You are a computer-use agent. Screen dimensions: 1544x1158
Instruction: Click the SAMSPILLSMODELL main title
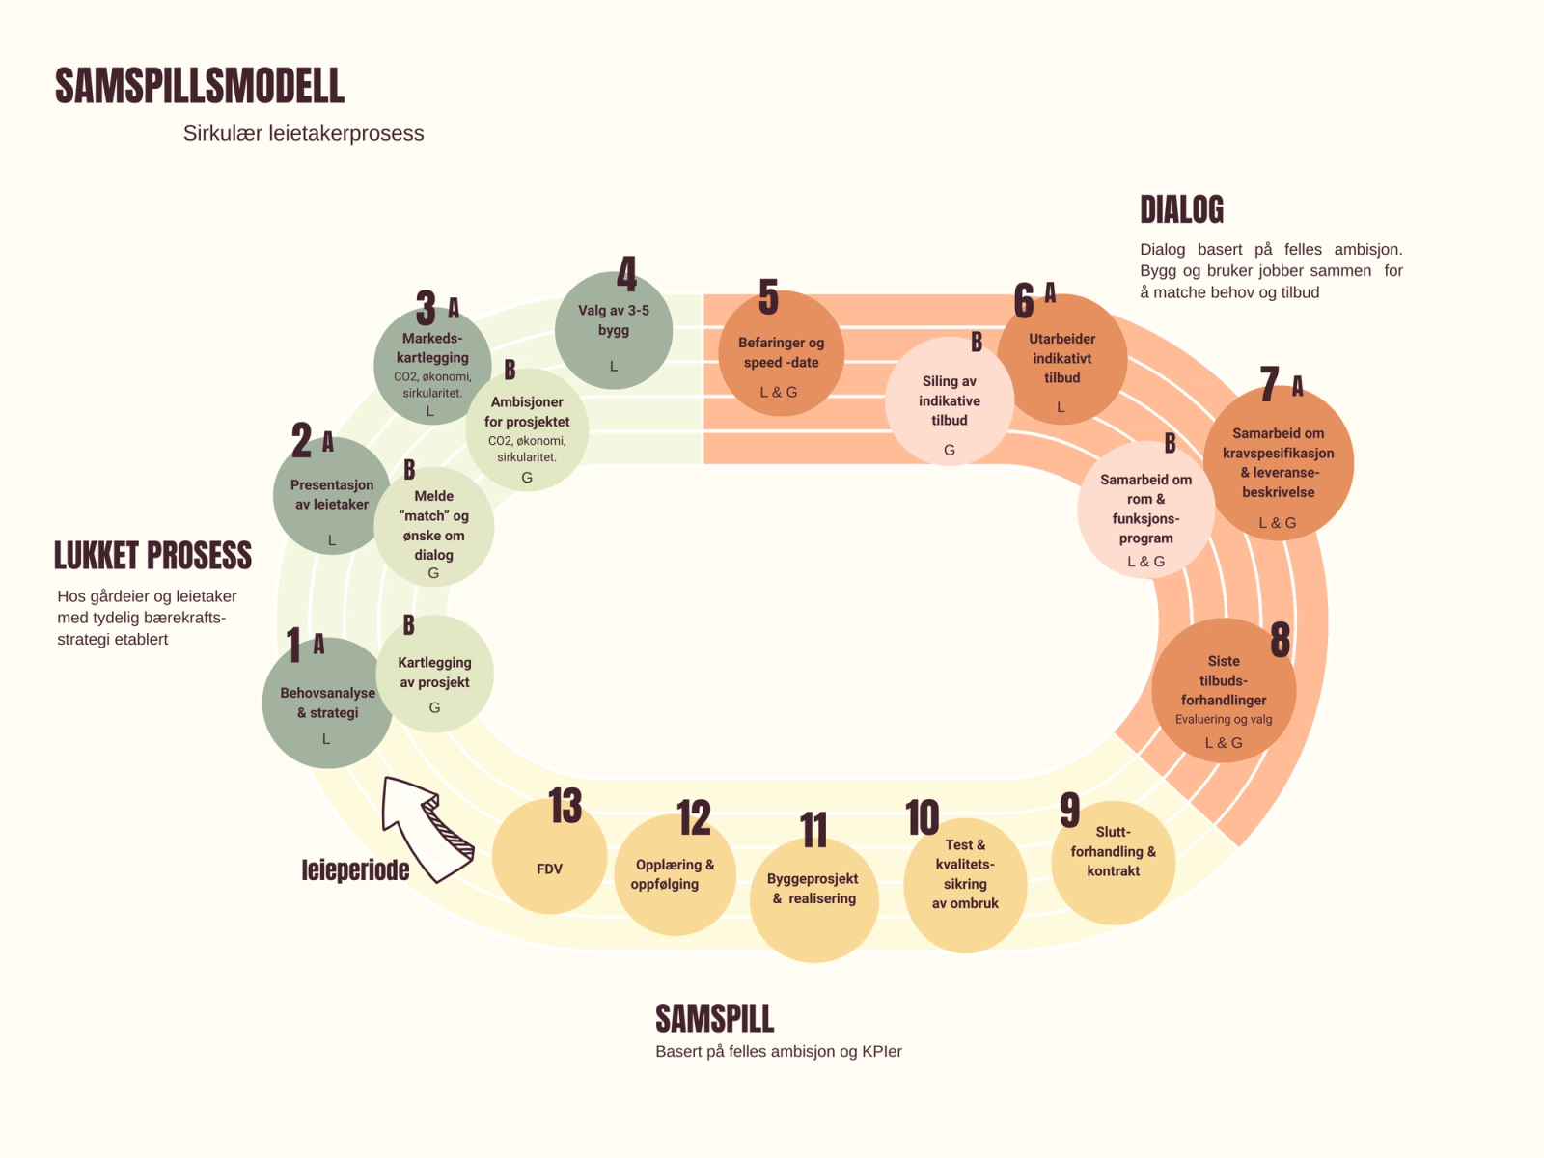point(200,86)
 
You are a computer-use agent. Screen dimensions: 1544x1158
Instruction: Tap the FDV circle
point(549,857)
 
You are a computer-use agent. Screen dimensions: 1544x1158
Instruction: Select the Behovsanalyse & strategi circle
point(327,703)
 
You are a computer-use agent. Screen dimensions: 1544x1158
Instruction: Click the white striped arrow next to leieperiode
point(425,827)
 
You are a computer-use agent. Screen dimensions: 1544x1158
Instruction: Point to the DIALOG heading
point(1181,209)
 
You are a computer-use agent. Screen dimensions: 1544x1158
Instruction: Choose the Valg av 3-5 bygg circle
point(613,331)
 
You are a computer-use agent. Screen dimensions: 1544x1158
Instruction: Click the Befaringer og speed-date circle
point(781,355)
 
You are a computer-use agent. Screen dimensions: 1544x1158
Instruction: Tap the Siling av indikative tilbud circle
point(949,401)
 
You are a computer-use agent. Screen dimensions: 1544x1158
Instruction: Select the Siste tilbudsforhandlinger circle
point(1223,691)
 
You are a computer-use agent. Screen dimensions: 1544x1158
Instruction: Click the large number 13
point(565,806)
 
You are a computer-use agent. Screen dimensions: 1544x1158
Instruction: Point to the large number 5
point(768,297)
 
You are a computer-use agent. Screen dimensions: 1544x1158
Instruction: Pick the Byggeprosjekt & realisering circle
point(813,897)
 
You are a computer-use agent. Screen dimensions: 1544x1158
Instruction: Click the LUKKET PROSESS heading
point(152,556)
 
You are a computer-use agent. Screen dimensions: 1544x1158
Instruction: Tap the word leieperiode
point(355,870)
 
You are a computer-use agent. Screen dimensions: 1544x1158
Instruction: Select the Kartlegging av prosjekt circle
point(434,674)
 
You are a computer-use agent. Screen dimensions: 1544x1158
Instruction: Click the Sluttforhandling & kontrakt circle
point(1113,862)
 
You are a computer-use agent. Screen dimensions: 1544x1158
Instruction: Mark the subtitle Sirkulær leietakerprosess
point(303,133)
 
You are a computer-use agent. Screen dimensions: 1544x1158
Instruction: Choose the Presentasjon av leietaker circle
point(332,496)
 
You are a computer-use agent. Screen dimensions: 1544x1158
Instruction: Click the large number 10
point(923,818)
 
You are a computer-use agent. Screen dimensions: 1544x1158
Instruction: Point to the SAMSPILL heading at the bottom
point(714,1019)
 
